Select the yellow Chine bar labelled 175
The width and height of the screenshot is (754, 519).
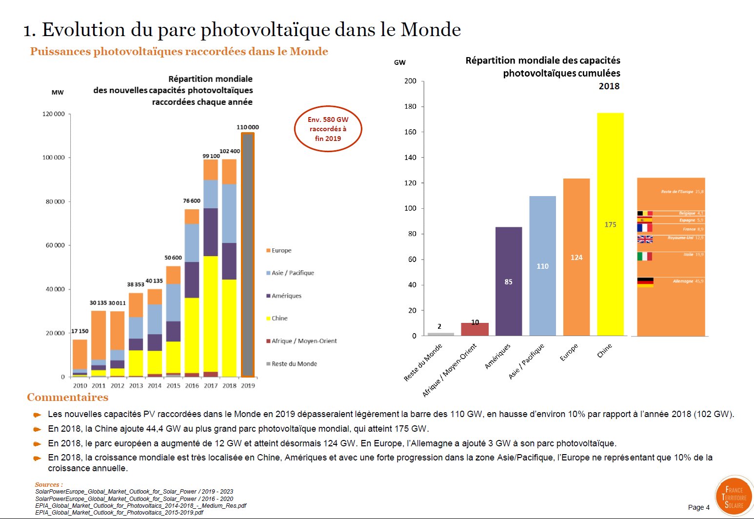[x=610, y=224]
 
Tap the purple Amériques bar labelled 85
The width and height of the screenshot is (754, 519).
[x=509, y=281]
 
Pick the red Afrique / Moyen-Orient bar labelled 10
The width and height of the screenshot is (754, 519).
[x=475, y=329]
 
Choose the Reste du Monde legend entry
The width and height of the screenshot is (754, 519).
[x=294, y=364]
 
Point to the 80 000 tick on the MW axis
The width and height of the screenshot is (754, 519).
[x=55, y=201]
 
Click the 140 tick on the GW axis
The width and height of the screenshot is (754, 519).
[x=410, y=158]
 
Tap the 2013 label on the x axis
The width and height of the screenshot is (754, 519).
[x=136, y=385]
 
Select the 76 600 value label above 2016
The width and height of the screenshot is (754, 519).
[x=192, y=200]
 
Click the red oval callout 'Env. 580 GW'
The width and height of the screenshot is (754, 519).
[x=328, y=129]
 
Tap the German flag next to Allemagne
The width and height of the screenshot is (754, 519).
[x=645, y=282]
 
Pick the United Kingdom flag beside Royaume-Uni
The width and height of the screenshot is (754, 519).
[x=645, y=239]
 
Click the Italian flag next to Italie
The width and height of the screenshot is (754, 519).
[x=645, y=256]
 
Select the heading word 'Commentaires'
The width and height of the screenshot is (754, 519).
[x=68, y=398]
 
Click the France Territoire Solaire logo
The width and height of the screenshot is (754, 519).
[x=734, y=497]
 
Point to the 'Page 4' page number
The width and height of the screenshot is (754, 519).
[x=698, y=507]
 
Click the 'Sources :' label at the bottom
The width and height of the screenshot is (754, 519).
[x=49, y=484]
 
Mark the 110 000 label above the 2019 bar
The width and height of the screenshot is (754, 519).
[x=248, y=127]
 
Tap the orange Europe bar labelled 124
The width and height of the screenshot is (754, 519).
[x=576, y=257]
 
